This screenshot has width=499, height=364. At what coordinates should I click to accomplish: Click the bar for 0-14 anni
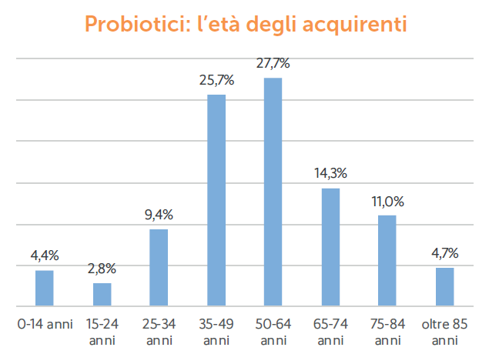(x=45, y=288)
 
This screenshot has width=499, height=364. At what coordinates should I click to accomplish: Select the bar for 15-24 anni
(x=102, y=294)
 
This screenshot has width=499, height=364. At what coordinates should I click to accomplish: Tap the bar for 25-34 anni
(x=159, y=267)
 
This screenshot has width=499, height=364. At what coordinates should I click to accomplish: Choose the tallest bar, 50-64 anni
(x=273, y=192)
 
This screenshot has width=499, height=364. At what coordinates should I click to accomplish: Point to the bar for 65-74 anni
(x=330, y=246)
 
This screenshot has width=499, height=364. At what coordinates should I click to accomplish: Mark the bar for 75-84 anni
(x=387, y=260)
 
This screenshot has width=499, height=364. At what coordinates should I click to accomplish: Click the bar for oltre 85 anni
(x=444, y=286)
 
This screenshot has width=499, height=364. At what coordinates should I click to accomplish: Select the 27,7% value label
(x=273, y=63)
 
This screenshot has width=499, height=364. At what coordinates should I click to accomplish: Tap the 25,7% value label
(x=216, y=80)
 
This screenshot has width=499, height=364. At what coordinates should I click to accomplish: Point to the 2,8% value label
(x=102, y=269)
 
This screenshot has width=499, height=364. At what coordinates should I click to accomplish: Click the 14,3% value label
(x=330, y=174)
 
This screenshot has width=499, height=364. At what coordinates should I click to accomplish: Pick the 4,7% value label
(x=445, y=252)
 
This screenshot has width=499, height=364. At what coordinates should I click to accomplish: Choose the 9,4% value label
(x=159, y=215)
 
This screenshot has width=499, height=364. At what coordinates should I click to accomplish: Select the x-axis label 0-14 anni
(x=45, y=324)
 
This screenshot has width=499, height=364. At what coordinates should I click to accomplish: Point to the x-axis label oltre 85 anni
(x=444, y=332)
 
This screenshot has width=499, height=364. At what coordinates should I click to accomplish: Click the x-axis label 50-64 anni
(x=273, y=332)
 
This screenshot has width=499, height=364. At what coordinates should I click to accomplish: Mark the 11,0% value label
(x=387, y=201)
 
